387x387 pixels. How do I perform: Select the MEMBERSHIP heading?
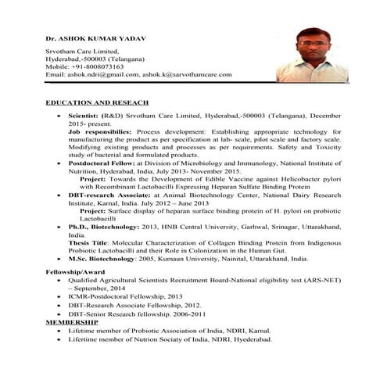(x=72, y=322)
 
